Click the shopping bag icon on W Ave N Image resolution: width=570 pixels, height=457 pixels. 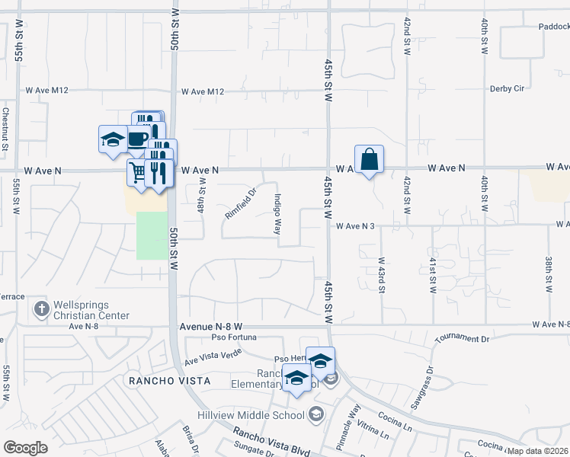[x=369, y=160]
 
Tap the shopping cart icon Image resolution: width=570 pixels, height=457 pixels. [x=138, y=172]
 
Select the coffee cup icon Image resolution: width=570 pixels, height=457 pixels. [x=138, y=139]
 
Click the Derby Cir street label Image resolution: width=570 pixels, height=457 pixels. [x=508, y=88]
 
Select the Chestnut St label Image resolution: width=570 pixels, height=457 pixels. [x=5, y=129]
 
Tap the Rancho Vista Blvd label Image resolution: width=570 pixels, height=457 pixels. [x=271, y=443]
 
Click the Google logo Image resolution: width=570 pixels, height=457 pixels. [x=26, y=447]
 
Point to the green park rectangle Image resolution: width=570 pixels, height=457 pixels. [x=151, y=235]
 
